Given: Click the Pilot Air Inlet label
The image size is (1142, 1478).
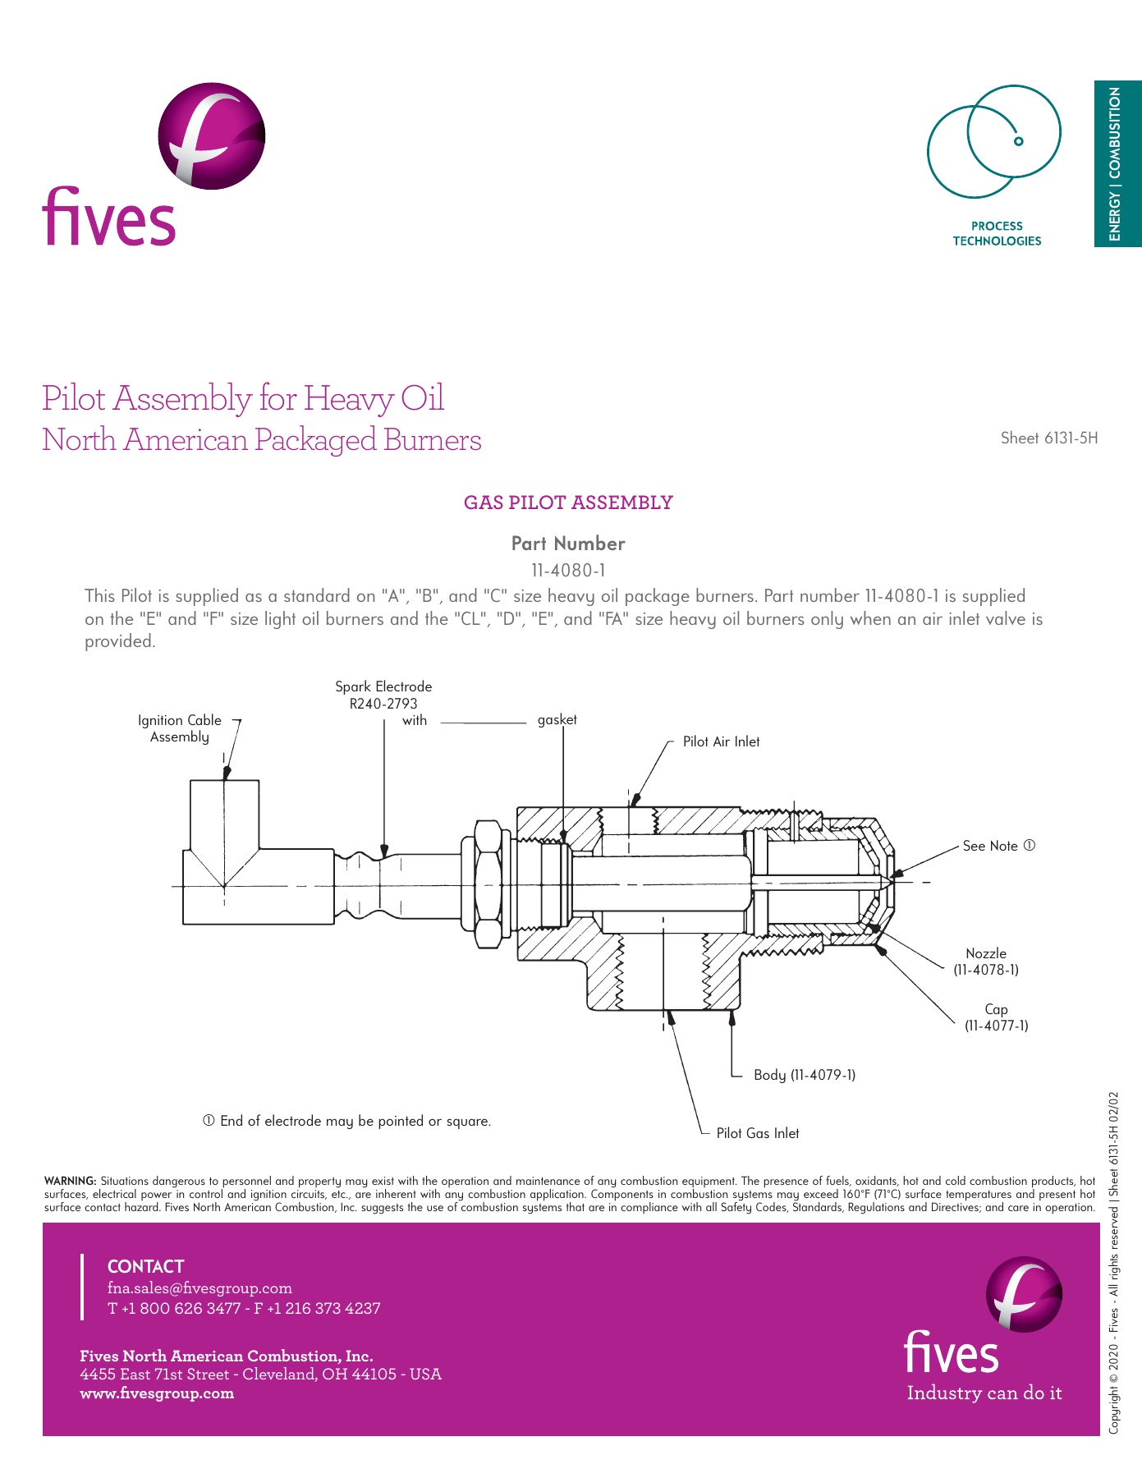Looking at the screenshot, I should pos(721,741).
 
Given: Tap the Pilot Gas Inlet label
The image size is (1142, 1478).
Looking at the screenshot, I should pos(757,1133).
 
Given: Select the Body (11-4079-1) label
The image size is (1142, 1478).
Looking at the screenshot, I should pos(804,1075).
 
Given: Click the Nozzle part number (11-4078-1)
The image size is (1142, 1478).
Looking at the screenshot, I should pos(985,970).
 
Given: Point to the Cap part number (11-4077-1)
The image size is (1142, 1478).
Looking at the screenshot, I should pos(996,1026).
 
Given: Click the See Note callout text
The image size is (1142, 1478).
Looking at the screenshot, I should pos(998,846).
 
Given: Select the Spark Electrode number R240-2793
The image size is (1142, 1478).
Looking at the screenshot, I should pos(383,704).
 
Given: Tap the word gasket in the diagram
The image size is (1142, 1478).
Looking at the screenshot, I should pos(557,720).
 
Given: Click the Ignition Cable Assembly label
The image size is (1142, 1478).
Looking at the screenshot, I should pos(179,728).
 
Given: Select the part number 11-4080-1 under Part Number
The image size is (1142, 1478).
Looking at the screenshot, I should pos(568,570).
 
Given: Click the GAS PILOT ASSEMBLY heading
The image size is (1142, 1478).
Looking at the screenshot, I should pos(568,503).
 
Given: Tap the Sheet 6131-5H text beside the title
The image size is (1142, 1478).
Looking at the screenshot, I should pos(1048,438).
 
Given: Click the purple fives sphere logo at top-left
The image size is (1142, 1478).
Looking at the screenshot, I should pos(211,136).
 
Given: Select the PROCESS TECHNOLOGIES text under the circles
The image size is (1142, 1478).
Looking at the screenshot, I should pos(997,233).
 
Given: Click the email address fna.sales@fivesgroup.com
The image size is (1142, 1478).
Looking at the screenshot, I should pos(200,1288).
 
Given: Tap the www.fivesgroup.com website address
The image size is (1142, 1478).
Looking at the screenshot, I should pos(157,1393).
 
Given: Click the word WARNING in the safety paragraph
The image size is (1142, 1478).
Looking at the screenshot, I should pos(70,1182).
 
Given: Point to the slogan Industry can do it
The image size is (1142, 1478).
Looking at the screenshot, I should pos(984,1393).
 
